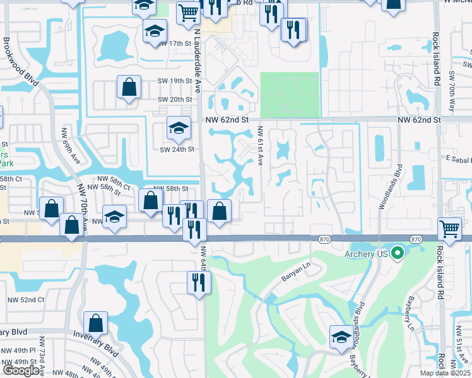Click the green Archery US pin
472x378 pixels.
click(x=397, y=254)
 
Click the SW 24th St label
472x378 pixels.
click(x=177, y=149)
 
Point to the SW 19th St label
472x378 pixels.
click(x=175, y=81)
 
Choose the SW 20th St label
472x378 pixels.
click(x=175, y=100)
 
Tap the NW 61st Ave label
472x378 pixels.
click(x=259, y=145)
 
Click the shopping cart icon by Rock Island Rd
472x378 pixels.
click(x=449, y=229)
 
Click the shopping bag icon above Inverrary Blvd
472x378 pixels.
click(x=95, y=323)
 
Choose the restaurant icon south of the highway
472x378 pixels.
click(x=198, y=282)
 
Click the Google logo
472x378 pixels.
click(x=21, y=370)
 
